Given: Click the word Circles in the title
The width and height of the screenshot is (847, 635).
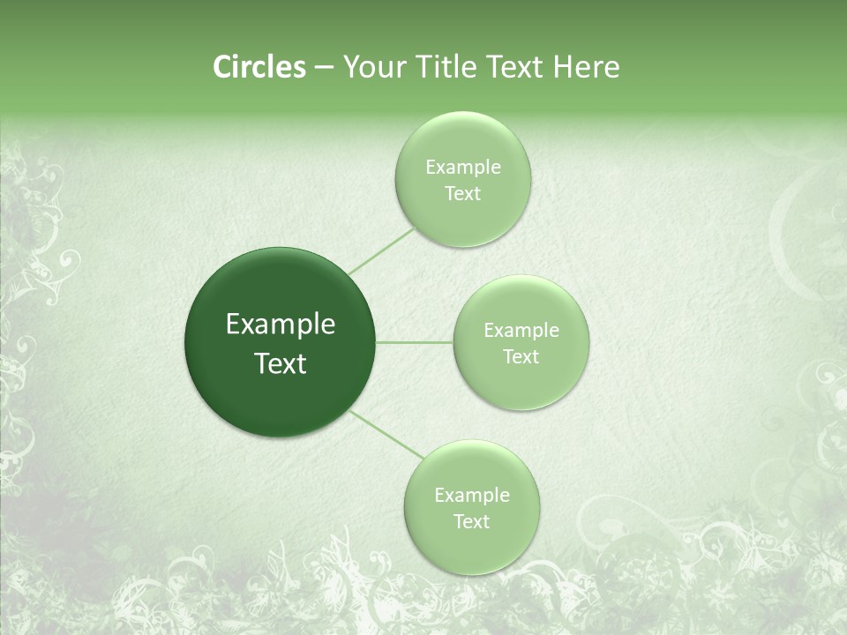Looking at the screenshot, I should click(259, 67).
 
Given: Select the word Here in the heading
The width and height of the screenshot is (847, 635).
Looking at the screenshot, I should click(588, 67).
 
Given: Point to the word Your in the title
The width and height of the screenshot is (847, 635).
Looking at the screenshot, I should click(372, 67).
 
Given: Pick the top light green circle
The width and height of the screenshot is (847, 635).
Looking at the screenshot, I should click(462, 141).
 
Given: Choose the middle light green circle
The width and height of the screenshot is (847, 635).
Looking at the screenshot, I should click(521, 305).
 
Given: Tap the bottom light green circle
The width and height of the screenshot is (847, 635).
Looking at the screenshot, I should click(472, 467).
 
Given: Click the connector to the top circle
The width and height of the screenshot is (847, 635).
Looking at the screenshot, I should click(381, 251).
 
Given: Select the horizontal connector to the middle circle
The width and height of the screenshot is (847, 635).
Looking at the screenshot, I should click(415, 342).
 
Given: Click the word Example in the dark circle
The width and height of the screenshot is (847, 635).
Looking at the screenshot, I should click(281, 325).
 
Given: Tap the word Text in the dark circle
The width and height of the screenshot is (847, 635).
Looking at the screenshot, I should click(281, 363).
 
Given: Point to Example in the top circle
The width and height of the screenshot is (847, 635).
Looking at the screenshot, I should click(463, 168).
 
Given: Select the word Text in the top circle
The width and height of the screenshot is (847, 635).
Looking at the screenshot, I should click(463, 193).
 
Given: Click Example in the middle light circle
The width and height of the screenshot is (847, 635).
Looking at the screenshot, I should click(521, 331).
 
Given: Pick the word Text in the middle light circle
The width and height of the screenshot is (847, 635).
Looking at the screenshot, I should click(521, 356).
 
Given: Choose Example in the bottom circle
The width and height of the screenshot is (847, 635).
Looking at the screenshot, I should click(472, 496).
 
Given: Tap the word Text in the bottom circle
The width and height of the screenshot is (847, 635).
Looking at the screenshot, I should click(472, 521).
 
